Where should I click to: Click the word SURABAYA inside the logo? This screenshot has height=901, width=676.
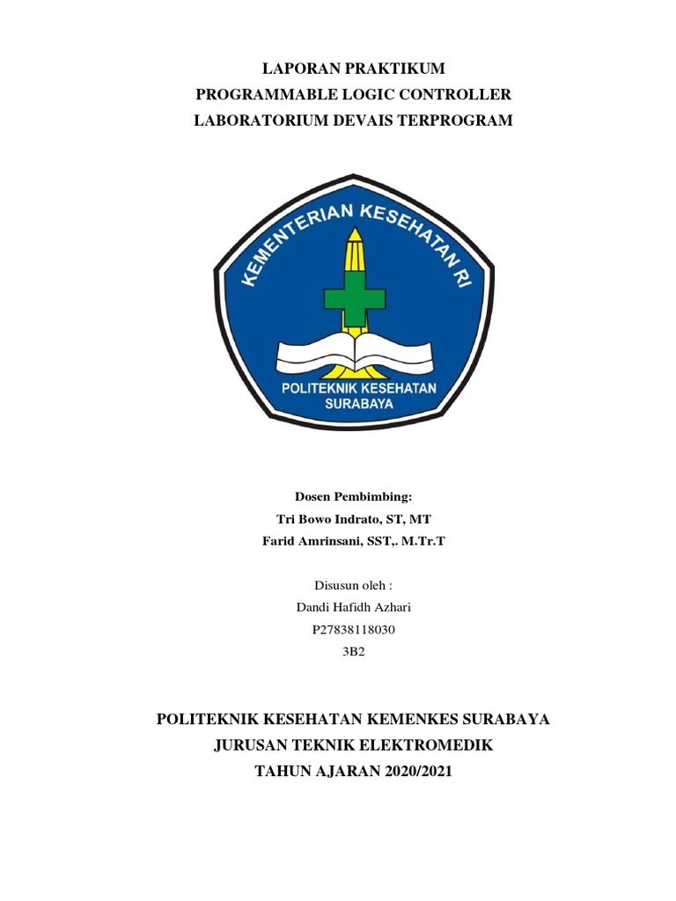click(359, 405)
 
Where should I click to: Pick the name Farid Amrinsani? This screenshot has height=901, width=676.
click(305, 540)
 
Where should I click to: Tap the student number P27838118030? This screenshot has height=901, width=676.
click(353, 629)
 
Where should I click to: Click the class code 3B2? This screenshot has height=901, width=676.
click(353, 651)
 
